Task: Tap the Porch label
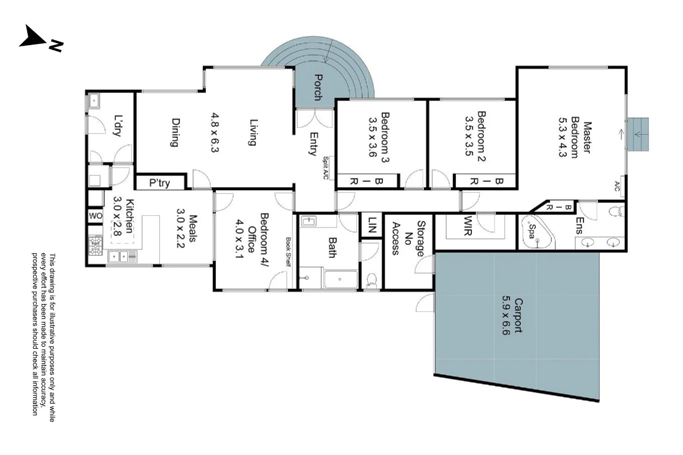click(x=318, y=87)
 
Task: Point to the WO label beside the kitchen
click(x=95, y=216)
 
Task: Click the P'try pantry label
click(x=159, y=183)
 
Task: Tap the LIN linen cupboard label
click(x=372, y=225)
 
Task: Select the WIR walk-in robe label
click(x=468, y=226)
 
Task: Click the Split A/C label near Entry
click(x=325, y=168)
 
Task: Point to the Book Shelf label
click(x=288, y=252)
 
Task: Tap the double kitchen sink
click(x=119, y=256)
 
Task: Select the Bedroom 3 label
click(x=385, y=137)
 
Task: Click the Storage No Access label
click(x=408, y=238)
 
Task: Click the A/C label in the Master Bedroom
click(x=617, y=186)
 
